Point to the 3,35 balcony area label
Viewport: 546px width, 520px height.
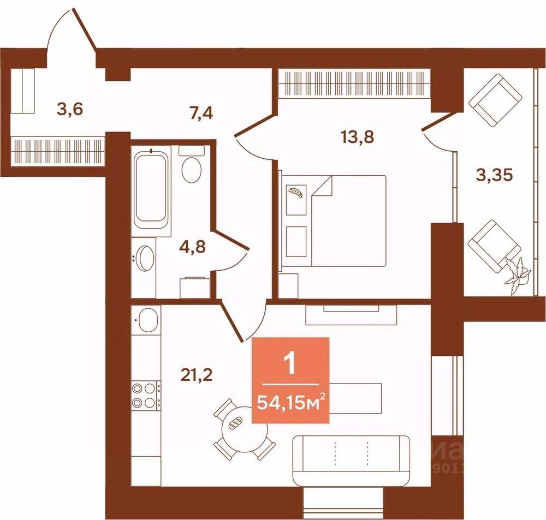tap(494, 176)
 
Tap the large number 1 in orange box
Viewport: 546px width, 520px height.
tap(290, 363)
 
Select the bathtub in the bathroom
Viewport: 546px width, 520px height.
tap(150, 189)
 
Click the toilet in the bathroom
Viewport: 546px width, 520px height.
tap(191, 165)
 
